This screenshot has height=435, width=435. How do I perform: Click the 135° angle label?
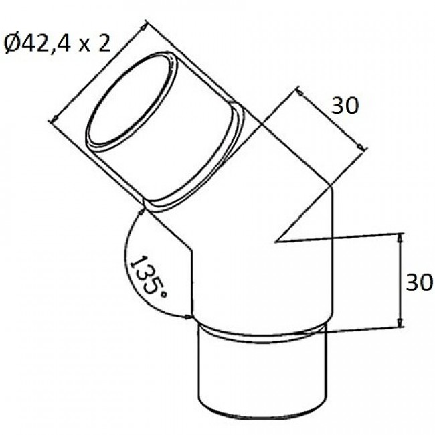(x=148, y=278)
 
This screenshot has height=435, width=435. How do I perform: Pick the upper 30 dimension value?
(x=345, y=106)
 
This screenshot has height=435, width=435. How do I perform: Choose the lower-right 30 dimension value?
(x=420, y=282)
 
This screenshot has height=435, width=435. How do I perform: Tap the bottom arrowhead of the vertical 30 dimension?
(x=400, y=323)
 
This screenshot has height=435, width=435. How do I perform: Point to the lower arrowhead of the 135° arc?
(x=187, y=317)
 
